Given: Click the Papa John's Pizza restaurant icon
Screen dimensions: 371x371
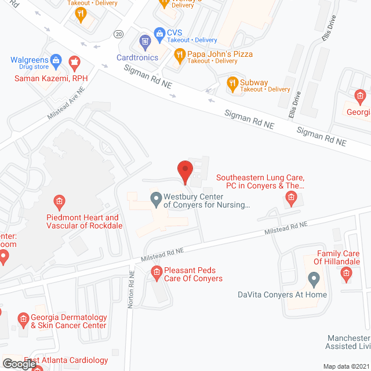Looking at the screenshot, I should pos(180,56).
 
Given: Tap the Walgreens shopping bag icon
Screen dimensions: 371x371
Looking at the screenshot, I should pos(56,60).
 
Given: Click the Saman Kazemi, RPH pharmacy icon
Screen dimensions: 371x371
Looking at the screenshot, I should pos(74,62).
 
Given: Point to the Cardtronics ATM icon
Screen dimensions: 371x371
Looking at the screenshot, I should pos(145,41).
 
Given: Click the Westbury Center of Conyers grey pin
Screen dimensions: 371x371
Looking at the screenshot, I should pos(156,200).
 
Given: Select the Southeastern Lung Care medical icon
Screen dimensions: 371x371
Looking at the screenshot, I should pos(290,200).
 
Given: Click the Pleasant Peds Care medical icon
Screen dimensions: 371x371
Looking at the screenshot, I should pos(156,271).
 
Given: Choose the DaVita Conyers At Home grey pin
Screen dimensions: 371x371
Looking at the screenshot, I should pos(314,281).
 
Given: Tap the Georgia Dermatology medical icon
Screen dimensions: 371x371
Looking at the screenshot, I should pos(23,318).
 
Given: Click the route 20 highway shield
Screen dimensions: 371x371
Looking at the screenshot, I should pos(118,34).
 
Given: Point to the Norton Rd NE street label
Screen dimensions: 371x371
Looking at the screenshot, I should pos(131,288).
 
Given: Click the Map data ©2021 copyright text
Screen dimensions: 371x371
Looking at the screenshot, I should pos(345,366).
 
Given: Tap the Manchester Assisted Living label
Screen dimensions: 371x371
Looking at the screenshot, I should pos(348,342).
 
